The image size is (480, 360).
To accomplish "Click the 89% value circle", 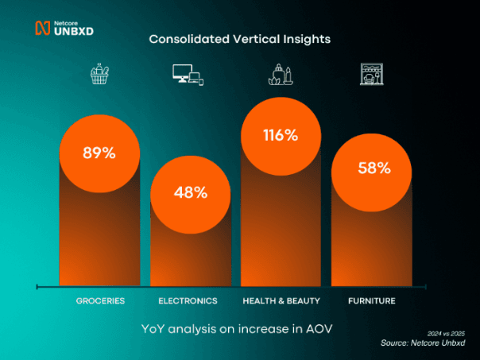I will pyautogui.click(x=99, y=153).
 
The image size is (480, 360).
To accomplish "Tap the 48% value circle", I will pyautogui.click(x=190, y=192).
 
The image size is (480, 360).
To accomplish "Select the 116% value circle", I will pyautogui.click(x=281, y=135).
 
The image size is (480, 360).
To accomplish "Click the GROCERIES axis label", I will pyautogui.click(x=100, y=301).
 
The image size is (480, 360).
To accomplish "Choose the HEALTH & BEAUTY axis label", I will pyautogui.click(x=281, y=301).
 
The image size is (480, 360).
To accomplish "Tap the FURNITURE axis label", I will pyautogui.click(x=371, y=301).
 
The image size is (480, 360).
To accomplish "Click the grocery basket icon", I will pyautogui.click(x=99, y=75).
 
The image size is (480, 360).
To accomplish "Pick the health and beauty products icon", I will pyautogui.click(x=281, y=74).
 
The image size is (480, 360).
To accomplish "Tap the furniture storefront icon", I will pyautogui.click(x=371, y=74).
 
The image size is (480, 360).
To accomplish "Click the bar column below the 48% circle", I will pyautogui.click(x=190, y=254).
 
